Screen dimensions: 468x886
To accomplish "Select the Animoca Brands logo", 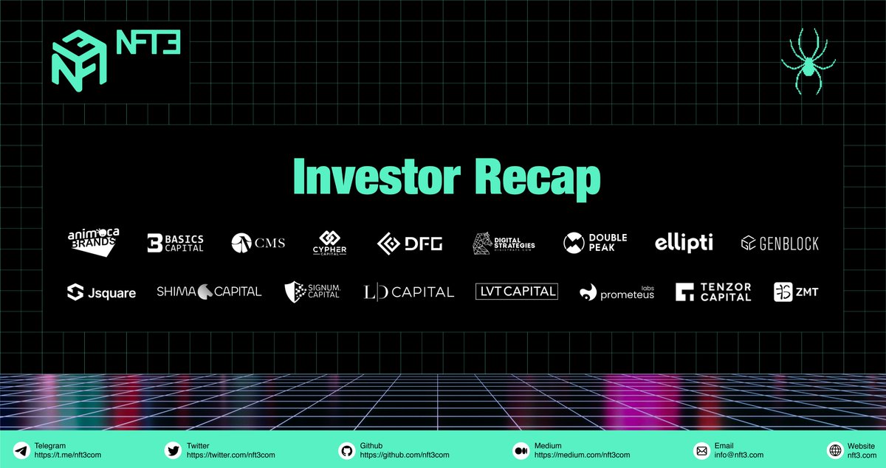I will click(x=93, y=242).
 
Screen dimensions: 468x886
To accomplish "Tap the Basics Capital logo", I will click(x=175, y=243).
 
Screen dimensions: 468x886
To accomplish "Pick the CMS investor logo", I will click(x=258, y=243).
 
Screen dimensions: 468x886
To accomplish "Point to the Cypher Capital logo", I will click(x=329, y=243).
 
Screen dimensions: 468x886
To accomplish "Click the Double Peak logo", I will click(x=595, y=243).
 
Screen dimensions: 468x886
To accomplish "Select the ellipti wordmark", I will click(x=684, y=243).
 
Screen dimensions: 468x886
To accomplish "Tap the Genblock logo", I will click(x=780, y=243).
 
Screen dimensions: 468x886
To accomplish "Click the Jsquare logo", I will click(x=101, y=292).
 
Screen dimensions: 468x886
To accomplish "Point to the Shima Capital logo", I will click(x=209, y=292).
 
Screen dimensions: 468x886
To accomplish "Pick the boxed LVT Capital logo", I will click(x=517, y=292).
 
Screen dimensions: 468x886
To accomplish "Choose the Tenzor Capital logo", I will click(x=713, y=292).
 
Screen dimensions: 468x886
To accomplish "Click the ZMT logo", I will click(x=796, y=292).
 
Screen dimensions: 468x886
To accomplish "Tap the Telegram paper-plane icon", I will click(x=21, y=450).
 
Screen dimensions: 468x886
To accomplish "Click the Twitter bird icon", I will click(x=174, y=450).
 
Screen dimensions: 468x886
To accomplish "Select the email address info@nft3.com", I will click(x=738, y=455).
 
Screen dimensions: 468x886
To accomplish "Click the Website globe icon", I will click(x=835, y=450).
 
